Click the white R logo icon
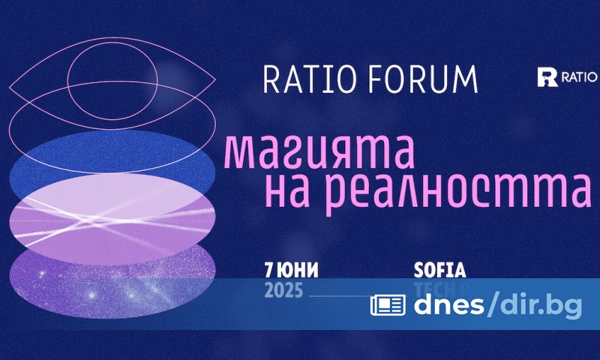(548, 76)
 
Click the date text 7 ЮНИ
(289, 268)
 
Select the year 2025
(283, 291)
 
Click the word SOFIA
(439, 268)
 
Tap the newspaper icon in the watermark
(388, 304)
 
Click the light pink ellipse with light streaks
(112, 217)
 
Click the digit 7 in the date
(268, 268)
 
